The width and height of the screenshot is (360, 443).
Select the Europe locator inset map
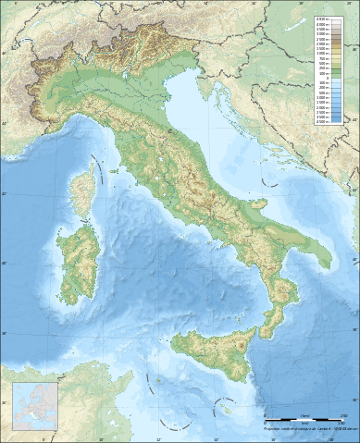pos(35,406)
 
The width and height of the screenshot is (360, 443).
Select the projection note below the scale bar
pos(309,428)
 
